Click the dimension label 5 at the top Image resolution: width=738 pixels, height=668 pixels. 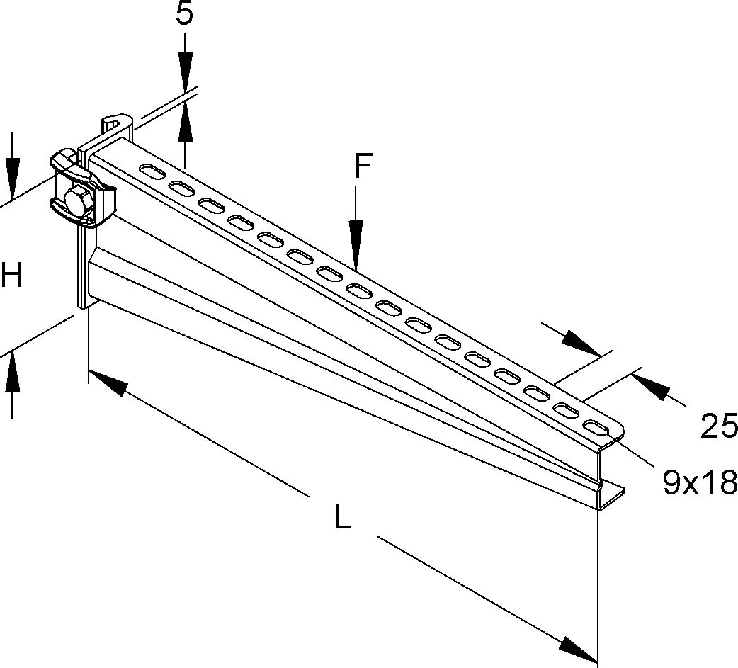[x=184, y=14]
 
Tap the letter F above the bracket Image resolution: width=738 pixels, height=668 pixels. [x=363, y=167]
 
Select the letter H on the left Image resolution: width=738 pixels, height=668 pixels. [x=12, y=275]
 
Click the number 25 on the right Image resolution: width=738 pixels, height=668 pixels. [x=718, y=427]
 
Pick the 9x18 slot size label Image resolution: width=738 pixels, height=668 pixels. [x=700, y=483]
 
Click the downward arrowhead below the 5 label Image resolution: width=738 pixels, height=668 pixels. [x=185, y=71]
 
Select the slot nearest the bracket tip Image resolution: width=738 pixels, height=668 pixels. [x=596, y=427]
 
